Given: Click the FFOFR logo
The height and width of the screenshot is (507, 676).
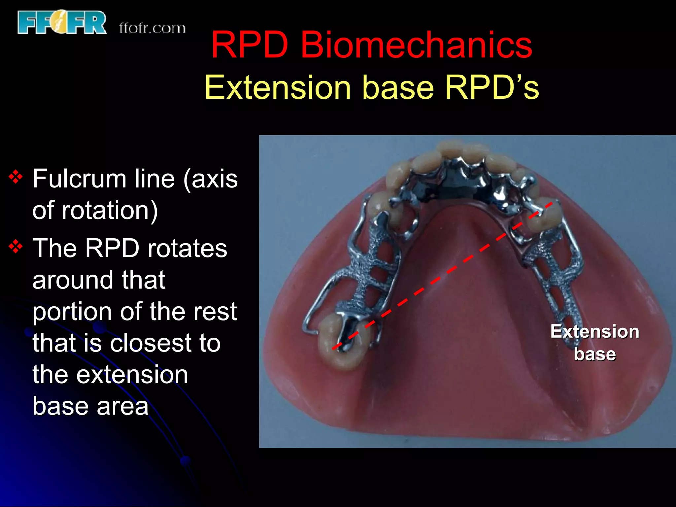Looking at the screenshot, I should point(62,22).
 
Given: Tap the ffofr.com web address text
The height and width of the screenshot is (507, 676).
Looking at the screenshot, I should point(152,28).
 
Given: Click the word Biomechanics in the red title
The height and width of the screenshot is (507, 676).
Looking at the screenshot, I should point(416,45).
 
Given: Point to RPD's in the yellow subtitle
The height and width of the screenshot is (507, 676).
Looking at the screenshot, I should point(492,87).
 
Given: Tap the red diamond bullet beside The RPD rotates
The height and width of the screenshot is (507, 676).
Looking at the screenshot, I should point(16,247).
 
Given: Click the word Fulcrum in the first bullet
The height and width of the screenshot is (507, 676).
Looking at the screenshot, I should point(79,179).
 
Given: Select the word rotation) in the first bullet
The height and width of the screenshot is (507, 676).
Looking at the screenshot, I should point(110,211).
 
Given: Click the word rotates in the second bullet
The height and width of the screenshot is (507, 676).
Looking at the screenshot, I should point(187,248).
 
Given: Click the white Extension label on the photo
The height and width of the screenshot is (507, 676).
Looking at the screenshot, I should point(594,331).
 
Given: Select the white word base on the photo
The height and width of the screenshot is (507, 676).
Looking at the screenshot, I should point(594,354).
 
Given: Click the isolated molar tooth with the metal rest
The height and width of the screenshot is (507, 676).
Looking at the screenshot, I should point(343,340).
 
